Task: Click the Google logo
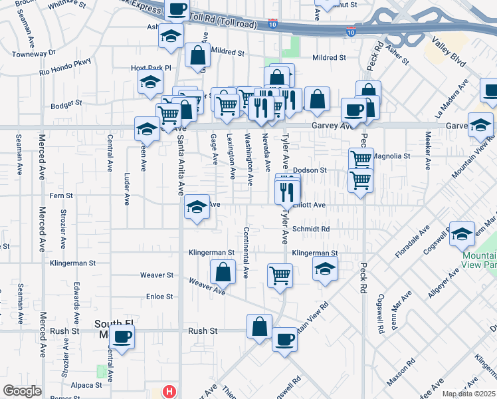(x=21, y=391)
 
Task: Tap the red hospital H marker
(x=169, y=392)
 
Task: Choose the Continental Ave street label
(x=246, y=252)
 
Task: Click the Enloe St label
(x=159, y=297)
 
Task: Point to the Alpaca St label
(x=88, y=384)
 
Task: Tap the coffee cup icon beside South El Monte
(x=122, y=336)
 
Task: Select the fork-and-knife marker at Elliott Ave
(x=287, y=192)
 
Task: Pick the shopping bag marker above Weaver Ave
(x=223, y=271)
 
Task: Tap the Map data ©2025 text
(x=469, y=394)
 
